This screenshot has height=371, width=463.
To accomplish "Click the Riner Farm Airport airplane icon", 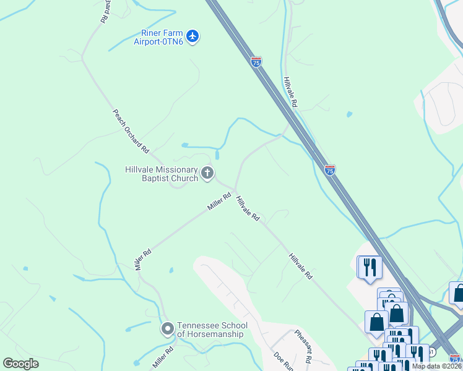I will pyautogui.click(x=193, y=36).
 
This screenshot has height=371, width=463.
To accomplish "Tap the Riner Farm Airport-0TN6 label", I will pyautogui.click(x=159, y=37).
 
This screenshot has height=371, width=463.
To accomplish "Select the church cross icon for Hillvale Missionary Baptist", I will pyautogui.click(x=207, y=174).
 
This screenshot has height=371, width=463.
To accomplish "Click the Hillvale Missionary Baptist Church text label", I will pyautogui.click(x=161, y=174).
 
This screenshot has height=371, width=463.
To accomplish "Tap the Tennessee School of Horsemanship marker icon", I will pyautogui.click(x=167, y=330).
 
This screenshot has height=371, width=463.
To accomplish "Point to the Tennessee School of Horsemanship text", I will pyautogui.click(x=212, y=330).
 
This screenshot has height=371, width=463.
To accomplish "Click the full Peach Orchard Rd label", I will pyautogui.click(x=131, y=131).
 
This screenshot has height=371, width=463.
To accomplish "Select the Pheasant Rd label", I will pyautogui.click(x=303, y=347).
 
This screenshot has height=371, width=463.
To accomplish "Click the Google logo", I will pyautogui.click(x=20, y=364).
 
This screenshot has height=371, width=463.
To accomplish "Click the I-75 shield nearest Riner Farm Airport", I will pyautogui.click(x=256, y=61).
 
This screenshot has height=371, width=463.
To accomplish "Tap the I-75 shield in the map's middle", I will pyautogui.click(x=330, y=169).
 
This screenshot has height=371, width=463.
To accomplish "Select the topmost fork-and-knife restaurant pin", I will pyautogui.click(x=370, y=267).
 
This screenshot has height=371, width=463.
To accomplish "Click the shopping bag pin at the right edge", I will pyautogui.click(x=459, y=293).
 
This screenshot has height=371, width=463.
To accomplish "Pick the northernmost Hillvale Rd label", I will pyautogui.click(x=290, y=93).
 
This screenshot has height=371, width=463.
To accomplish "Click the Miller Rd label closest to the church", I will pyautogui.click(x=219, y=202).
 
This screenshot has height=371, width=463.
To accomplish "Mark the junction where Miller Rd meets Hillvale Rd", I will pyautogui.click(x=235, y=190).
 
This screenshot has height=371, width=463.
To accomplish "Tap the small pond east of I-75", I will pyautogui.click(x=350, y=114).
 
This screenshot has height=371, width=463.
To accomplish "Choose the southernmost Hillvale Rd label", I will pyautogui.click(x=300, y=267).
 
